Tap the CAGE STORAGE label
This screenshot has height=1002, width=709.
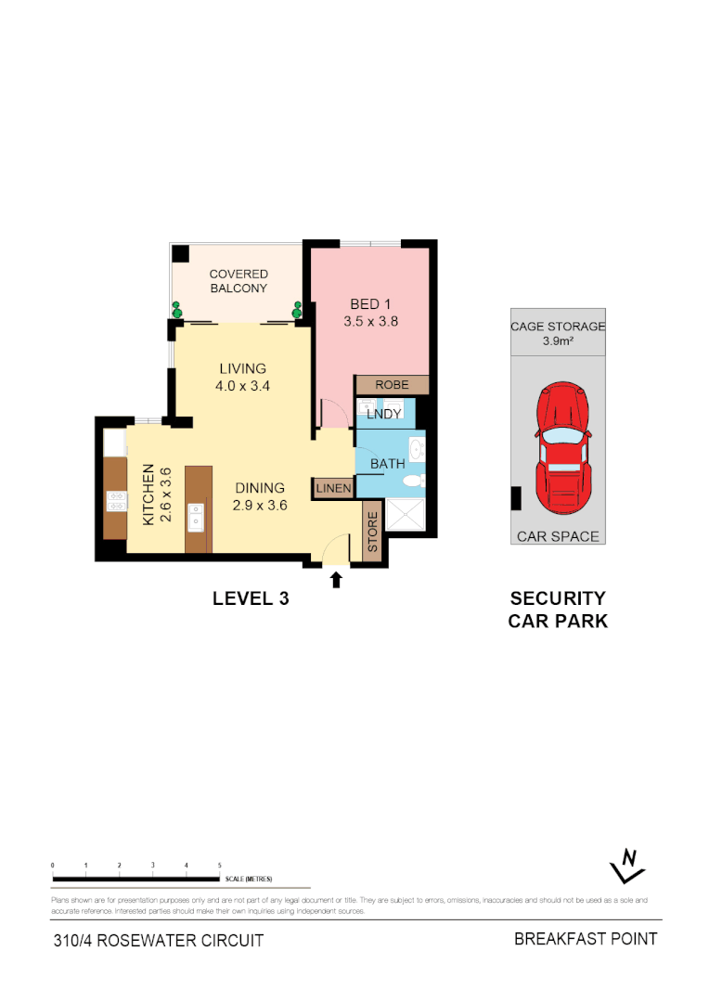click(558, 327)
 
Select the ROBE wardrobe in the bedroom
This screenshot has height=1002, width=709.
click(392, 384)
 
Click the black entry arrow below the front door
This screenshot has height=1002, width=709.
click(336, 580)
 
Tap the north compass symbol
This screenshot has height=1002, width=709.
click(628, 867)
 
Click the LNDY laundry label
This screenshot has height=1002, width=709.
click(383, 414)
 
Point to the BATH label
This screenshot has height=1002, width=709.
click(387, 463)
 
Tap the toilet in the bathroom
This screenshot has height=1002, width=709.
click(414, 481)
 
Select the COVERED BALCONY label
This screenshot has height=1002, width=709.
click(238, 281)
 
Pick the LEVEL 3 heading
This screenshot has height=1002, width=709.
click(251, 598)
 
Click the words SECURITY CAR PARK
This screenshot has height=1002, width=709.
click(558, 610)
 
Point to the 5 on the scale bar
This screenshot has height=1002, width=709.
click(219, 865)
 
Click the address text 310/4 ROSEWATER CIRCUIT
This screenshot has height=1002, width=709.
click(159, 940)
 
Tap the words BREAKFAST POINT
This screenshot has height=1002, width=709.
click(586, 939)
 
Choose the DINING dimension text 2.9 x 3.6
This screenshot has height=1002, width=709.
click(260, 506)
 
